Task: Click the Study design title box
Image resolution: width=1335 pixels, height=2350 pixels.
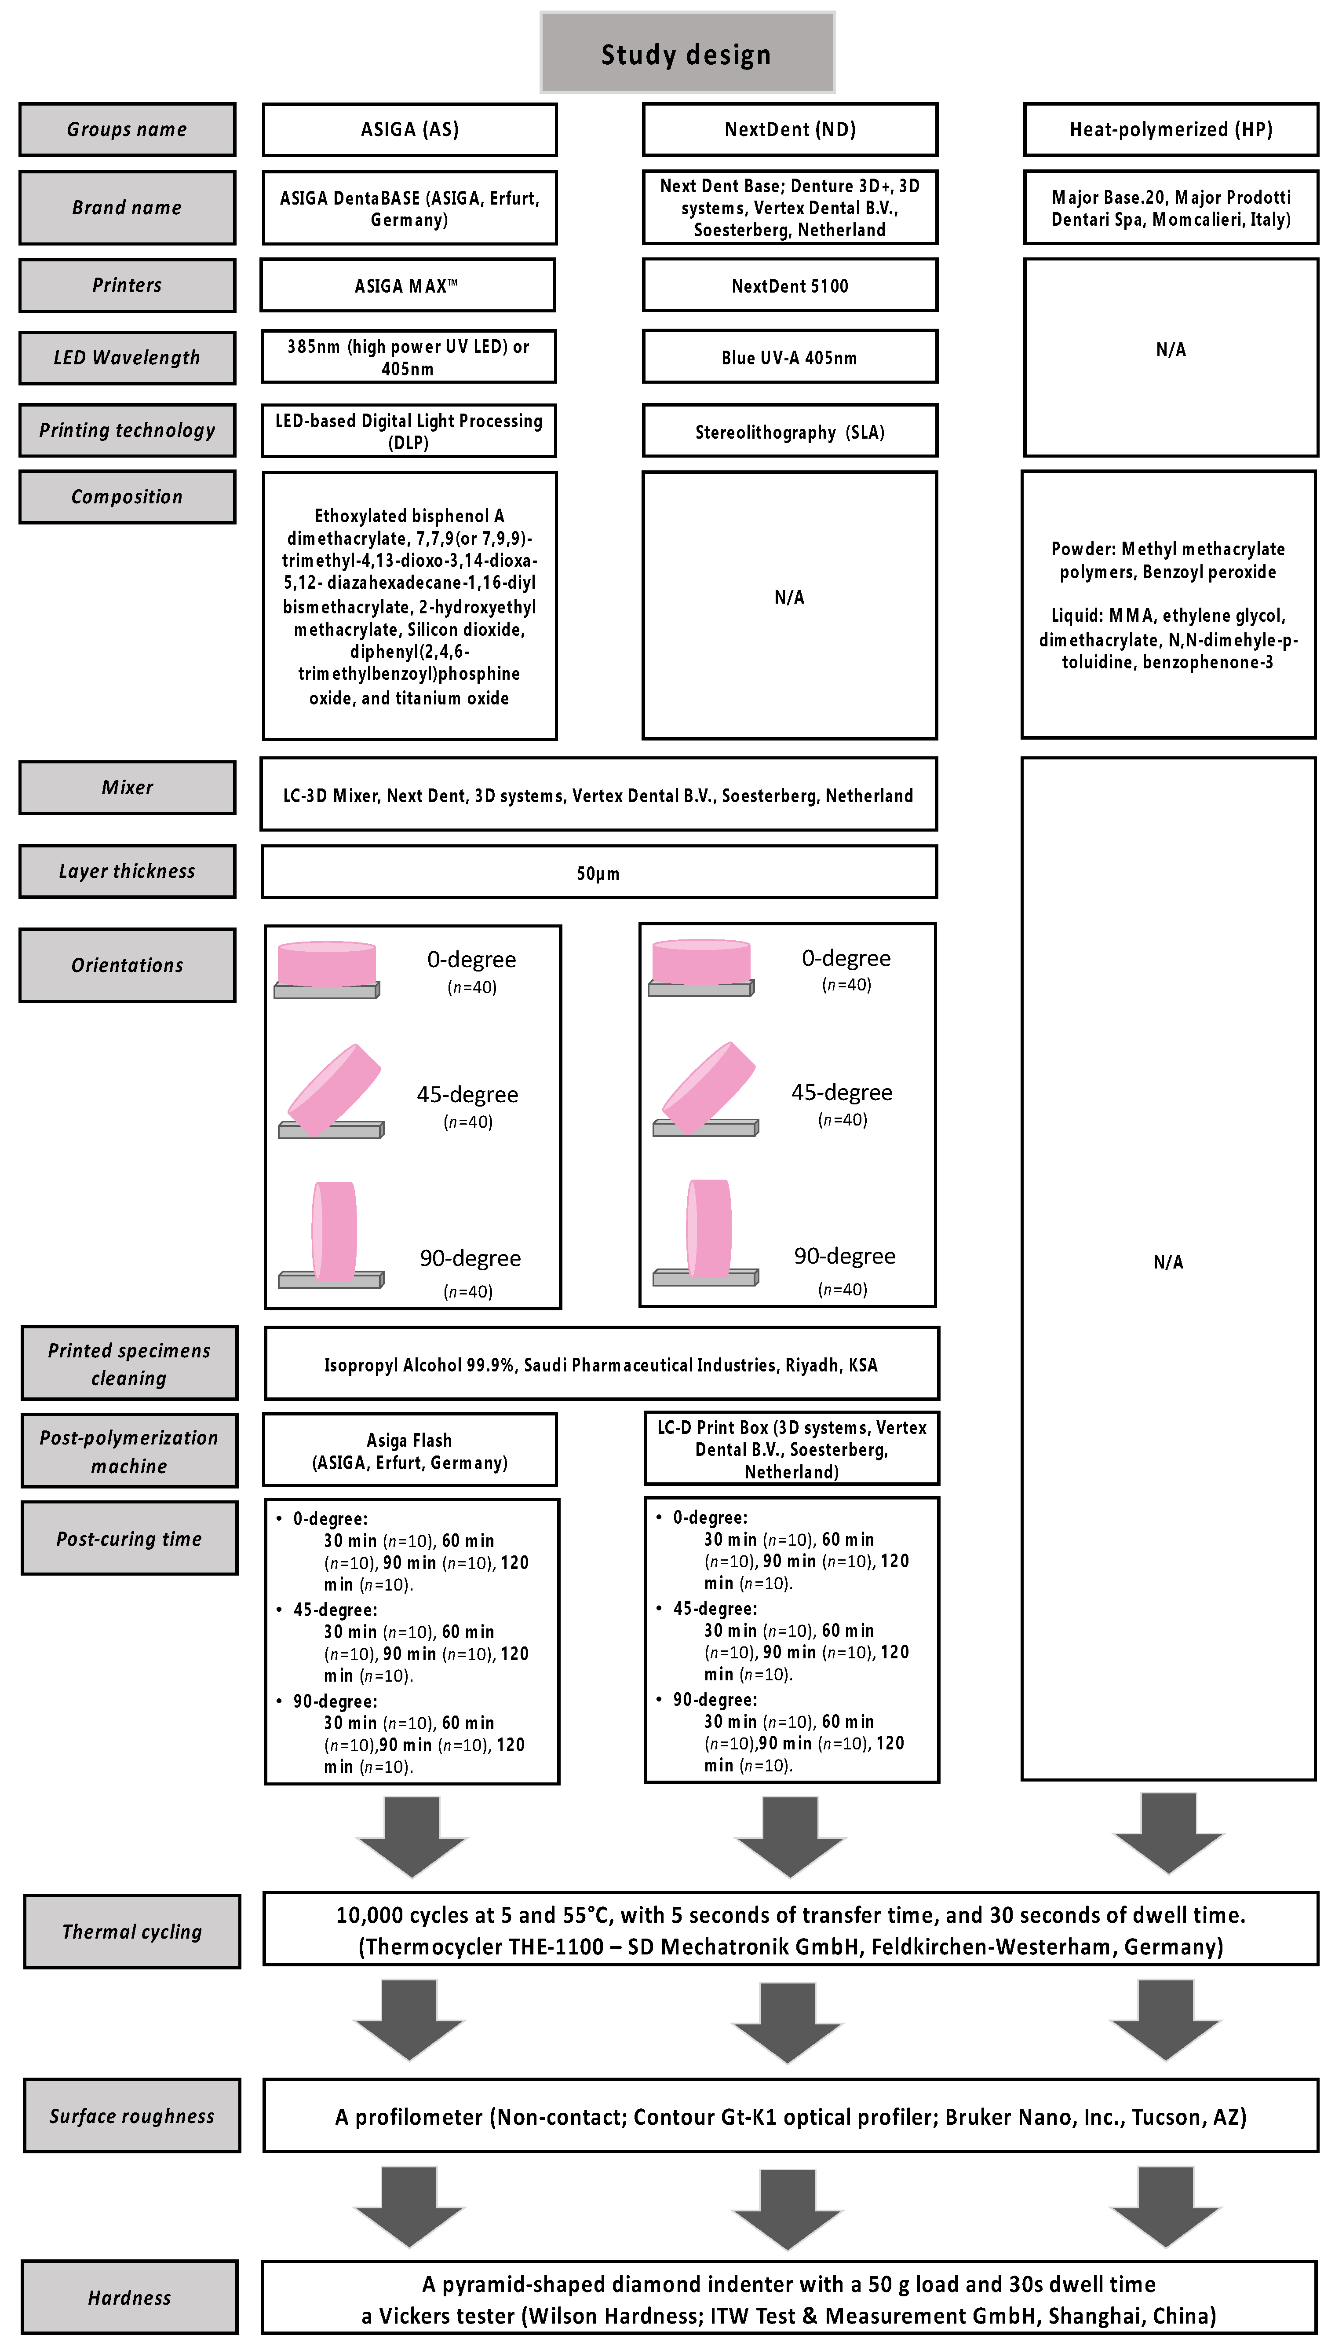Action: click(x=687, y=53)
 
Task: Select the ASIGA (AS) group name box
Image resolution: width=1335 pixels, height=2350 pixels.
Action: click(x=409, y=129)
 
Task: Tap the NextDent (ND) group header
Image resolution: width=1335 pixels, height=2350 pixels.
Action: click(x=789, y=129)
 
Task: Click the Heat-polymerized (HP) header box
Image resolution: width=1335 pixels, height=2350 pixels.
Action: click(x=1170, y=129)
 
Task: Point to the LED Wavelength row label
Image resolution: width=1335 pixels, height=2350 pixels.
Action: click(x=127, y=358)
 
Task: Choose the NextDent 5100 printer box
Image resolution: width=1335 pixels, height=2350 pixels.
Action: click(x=789, y=285)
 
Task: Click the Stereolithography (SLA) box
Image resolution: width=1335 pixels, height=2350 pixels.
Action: click(x=789, y=431)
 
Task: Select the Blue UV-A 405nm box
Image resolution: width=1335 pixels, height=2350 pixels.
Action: click(x=789, y=357)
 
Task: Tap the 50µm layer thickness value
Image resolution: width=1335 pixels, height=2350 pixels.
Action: click(x=598, y=873)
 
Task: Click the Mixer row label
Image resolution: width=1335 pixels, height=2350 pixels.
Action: click(x=127, y=787)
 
